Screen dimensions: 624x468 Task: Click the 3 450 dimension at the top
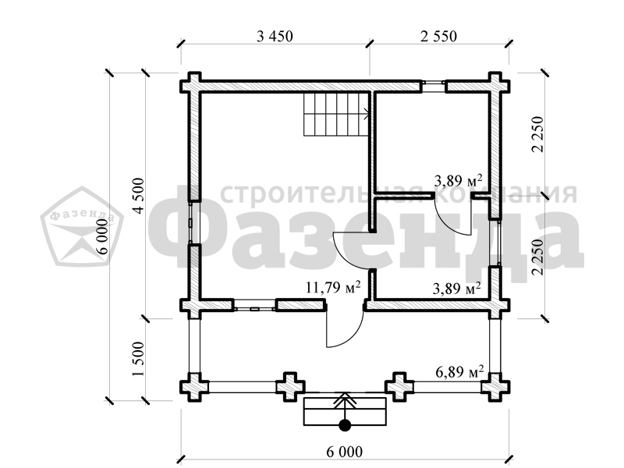coord(275,36)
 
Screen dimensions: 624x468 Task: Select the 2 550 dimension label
coord(438,36)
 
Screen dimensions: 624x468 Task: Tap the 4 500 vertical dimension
coord(140,196)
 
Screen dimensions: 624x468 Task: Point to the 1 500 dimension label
coord(140,360)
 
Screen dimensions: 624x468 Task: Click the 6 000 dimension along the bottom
coord(345,452)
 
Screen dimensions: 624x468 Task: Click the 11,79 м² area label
coord(333,287)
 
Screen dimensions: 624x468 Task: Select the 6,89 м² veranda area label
coord(459,372)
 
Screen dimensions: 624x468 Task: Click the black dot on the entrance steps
coord(345,425)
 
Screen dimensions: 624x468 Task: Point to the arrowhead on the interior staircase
coord(366,116)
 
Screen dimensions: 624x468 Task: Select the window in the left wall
coord(190,222)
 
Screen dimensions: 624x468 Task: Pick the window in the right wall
coord(495,243)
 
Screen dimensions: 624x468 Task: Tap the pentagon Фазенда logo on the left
coord(82,226)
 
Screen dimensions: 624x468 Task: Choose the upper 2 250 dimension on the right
coord(537,134)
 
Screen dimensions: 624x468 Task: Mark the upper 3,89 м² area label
coord(459,181)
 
